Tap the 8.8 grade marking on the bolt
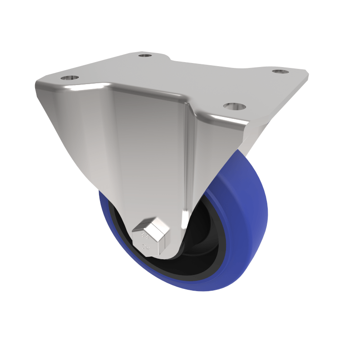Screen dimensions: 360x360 tap(145, 235)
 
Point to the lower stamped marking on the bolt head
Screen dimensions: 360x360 tap(145, 246)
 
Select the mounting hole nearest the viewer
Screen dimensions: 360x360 tap(234, 107)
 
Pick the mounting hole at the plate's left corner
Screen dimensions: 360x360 tap(69, 77)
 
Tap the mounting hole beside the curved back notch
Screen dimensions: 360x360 tap(144, 55)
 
